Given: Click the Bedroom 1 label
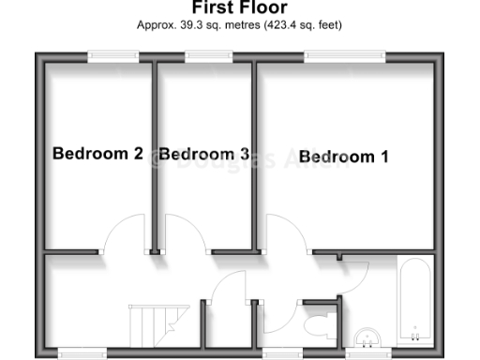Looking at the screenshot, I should (344, 157).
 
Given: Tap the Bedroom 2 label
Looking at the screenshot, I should (97, 154).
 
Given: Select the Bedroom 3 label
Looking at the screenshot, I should (203, 154).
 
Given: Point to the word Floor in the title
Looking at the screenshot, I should (259, 8).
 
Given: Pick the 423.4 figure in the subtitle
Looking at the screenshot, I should (292, 25).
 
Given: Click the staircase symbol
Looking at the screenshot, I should (151, 324).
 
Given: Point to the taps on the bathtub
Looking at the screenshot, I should (413, 331).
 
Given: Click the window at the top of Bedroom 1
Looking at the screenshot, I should (344, 57).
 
